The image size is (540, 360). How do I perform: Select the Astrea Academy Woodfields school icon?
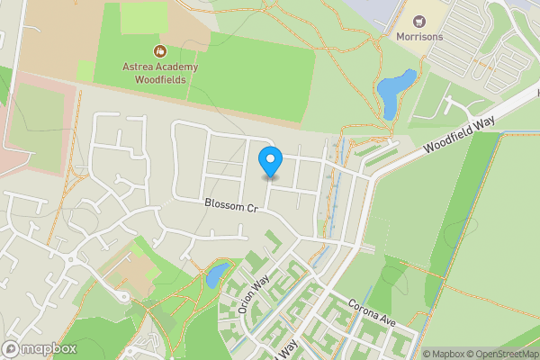point(159,51)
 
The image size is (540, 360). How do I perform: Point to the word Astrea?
point(140,67)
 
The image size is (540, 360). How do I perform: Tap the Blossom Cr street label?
point(230,206)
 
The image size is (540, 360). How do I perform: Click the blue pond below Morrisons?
point(394,94)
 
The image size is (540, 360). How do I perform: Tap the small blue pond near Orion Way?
point(216,274)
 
